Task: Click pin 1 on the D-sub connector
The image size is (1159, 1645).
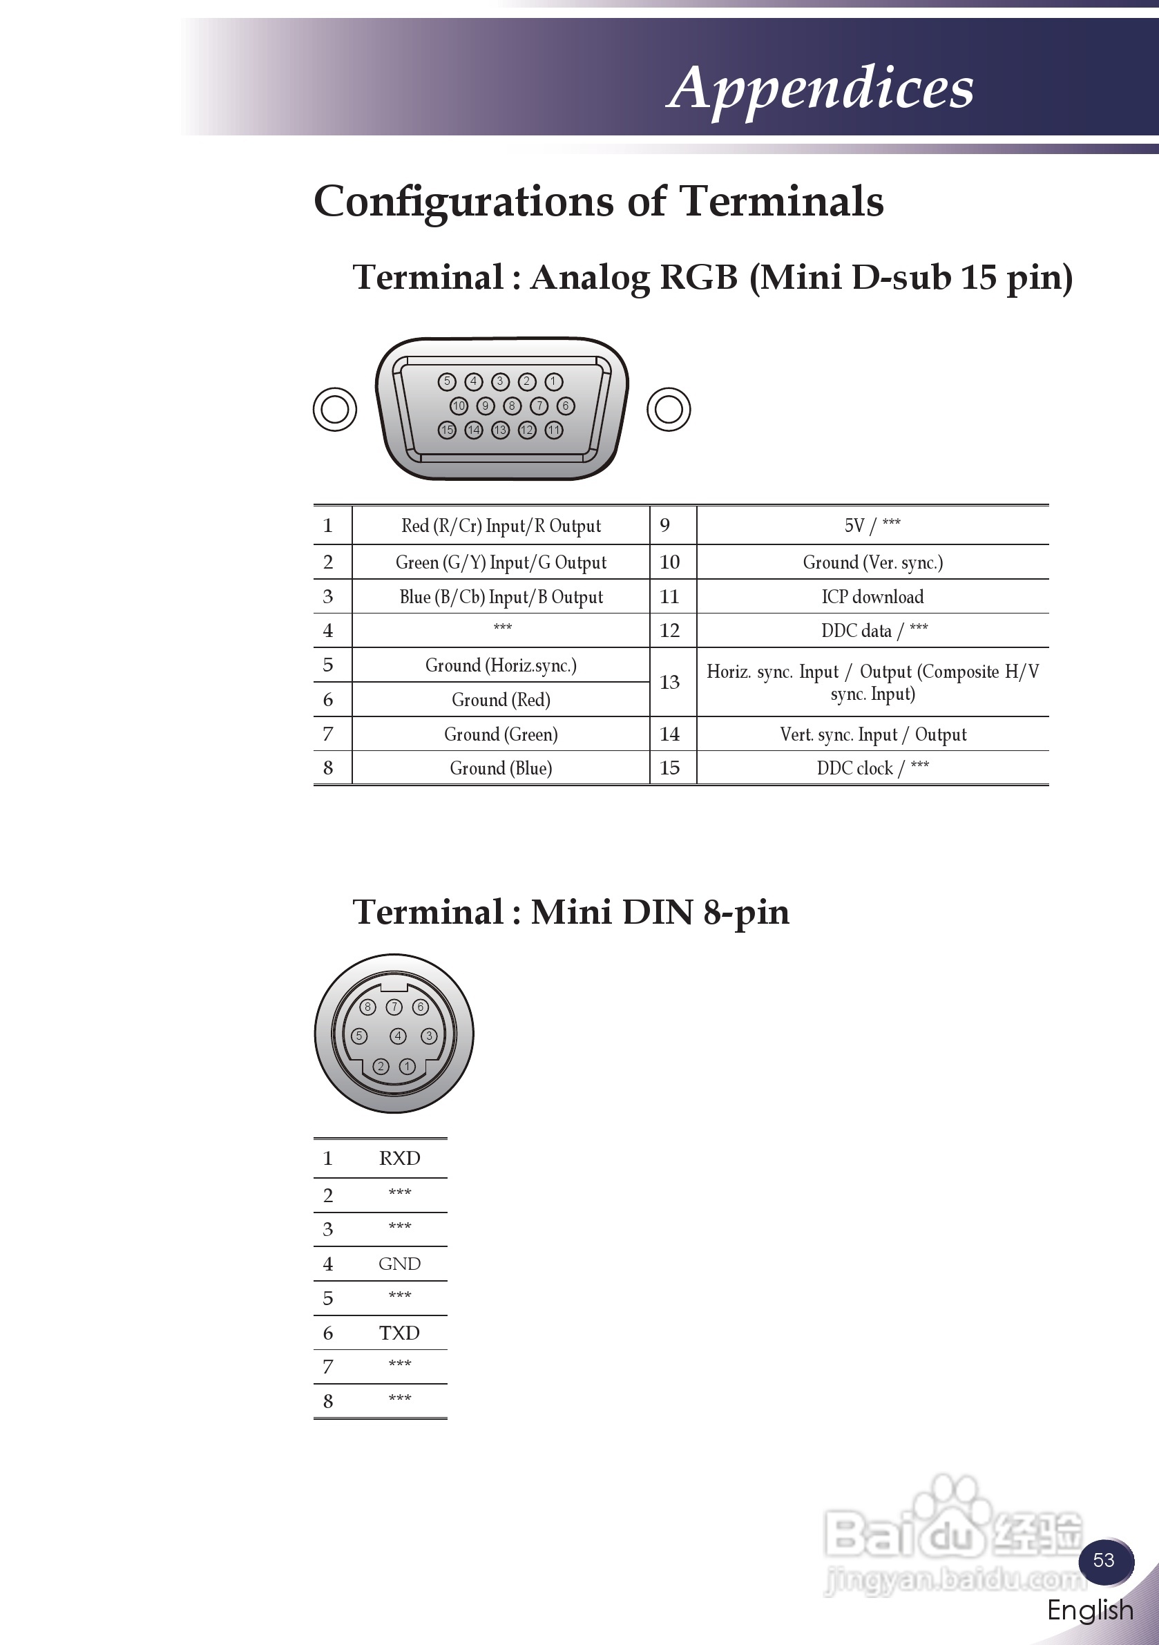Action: [x=554, y=381]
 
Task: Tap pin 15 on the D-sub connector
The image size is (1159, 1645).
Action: [x=447, y=430]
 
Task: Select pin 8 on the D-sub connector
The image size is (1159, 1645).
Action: [x=511, y=406]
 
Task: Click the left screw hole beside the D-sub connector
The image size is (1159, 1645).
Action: [x=334, y=409]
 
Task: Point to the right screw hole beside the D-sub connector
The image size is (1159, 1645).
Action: [x=669, y=409]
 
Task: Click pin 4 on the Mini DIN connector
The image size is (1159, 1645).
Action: [x=398, y=1036]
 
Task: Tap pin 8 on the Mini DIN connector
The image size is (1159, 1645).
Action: [x=367, y=1007]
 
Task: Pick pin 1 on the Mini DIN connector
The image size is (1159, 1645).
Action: [x=408, y=1066]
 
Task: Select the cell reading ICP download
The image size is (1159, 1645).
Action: [x=872, y=597]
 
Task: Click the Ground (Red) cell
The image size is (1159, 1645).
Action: [x=501, y=699]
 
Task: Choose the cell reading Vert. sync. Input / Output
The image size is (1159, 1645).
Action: [x=872, y=734]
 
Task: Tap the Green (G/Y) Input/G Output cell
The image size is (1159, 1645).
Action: [x=501, y=562]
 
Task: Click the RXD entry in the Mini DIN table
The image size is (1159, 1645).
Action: [x=400, y=1159]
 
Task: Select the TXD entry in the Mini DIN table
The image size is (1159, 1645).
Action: [x=400, y=1333]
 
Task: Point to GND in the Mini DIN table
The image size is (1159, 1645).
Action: [x=400, y=1264]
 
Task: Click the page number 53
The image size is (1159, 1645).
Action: [x=1104, y=1560]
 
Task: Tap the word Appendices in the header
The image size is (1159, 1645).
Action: [x=820, y=88]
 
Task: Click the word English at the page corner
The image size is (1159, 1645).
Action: [x=1090, y=1609]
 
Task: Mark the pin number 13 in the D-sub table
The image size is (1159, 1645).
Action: [x=670, y=682]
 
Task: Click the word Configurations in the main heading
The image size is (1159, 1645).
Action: [x=463, y=201]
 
